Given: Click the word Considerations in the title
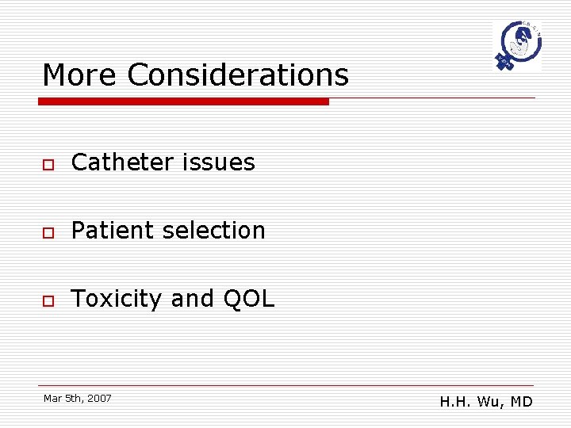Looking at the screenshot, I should pos(238,75).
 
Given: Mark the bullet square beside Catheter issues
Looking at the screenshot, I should pos(48,164).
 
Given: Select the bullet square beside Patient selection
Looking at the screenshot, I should pos(48,232).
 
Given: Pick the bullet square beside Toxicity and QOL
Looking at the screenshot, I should pos(48,300).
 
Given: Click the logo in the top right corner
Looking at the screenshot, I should pos(516,47).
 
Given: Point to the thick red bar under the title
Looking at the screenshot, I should pos(184,101).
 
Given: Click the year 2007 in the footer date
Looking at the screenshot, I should pos(100,398).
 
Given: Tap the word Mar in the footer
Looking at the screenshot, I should pos(52,398).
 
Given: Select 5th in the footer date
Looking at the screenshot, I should pos(74,398).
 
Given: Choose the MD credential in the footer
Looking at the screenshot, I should pos(521,402).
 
